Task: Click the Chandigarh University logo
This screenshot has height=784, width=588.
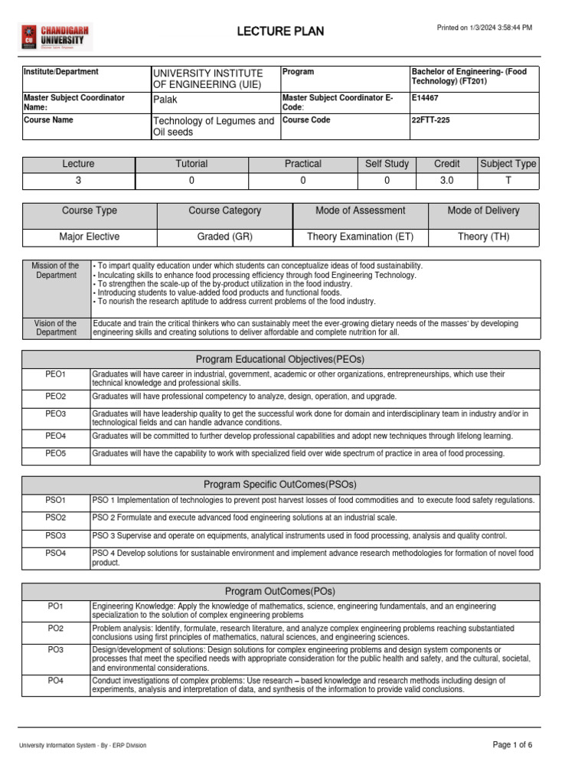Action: click(54, 36)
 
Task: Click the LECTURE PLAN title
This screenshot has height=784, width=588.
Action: click(280, 31)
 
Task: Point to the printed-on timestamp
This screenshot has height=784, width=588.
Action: click(484, 28)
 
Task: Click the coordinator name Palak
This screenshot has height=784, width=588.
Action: click(165, 100)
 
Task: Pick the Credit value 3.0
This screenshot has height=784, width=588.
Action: click(446, 181)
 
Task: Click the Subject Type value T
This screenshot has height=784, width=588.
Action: click(508, 181)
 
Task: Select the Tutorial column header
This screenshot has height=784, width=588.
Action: click(191, 164)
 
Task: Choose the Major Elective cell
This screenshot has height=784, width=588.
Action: click(90, 237)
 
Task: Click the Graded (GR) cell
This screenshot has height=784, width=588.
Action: click(224, 237)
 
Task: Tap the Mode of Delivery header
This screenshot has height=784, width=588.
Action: click(483, 211)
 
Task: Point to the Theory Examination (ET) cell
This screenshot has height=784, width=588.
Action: click(360, 237)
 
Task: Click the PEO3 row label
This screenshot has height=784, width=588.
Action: click(56, 414)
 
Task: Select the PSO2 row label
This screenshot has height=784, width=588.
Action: click(56, 518)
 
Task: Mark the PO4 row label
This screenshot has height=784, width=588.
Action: click(56, 681)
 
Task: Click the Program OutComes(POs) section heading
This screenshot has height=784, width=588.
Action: click(280, 591)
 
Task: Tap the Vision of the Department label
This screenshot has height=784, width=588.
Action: click(57, 328)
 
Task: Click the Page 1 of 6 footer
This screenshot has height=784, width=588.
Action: click(512, 744)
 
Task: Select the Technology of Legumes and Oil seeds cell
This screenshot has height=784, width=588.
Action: click(213, 126)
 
